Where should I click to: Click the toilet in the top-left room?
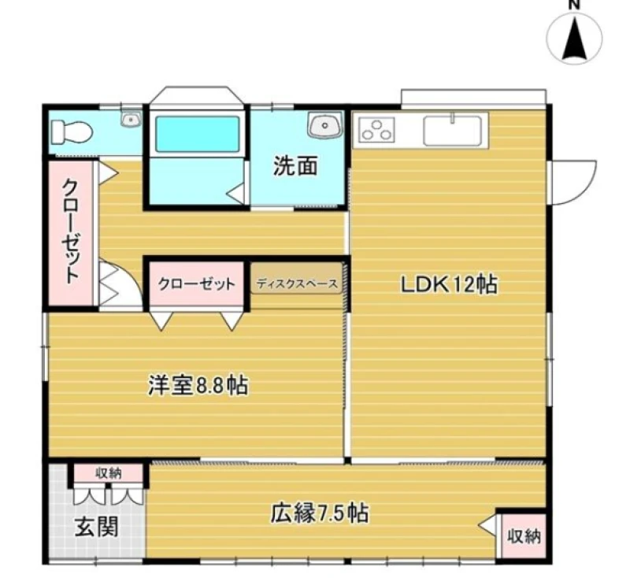72,132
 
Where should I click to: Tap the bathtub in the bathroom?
198,134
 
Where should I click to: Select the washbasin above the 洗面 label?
325,124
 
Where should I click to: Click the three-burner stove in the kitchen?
377,129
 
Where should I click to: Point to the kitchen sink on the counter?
452,130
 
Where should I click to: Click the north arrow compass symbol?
575,39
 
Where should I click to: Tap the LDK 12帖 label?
449,285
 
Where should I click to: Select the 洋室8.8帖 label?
198,385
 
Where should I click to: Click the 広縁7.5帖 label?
320,513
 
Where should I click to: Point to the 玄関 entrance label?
97,527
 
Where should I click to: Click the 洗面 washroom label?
295,165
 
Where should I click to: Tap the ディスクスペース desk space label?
297,284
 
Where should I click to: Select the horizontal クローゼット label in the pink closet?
196,284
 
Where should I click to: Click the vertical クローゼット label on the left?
71,231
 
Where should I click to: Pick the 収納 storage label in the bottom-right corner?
524,535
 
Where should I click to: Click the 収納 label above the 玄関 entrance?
108,473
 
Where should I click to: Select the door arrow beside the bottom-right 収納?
487,526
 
